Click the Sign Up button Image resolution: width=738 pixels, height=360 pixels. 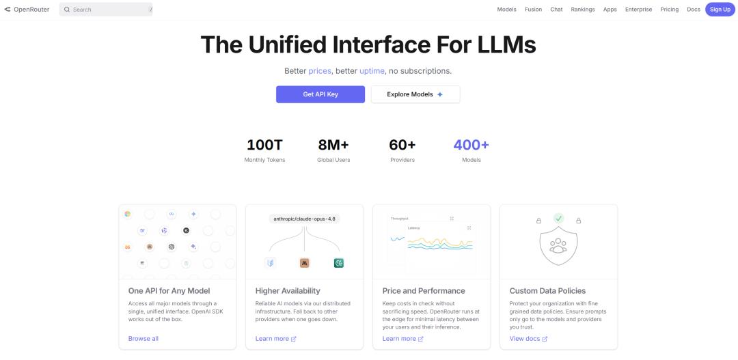click(720, 10)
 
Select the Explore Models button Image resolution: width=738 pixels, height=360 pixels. click(415, 94)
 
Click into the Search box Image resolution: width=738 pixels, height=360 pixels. click(106, 10)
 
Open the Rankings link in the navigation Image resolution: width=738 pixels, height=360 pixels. click(583, 10)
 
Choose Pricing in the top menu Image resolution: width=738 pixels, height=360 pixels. click(669, 10)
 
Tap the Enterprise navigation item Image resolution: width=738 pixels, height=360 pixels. click(638, 10)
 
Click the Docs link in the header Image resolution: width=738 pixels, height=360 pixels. click(694, 10)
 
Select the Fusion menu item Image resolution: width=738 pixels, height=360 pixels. click(533, 10)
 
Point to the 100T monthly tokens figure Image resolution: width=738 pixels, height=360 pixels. click(264, 145)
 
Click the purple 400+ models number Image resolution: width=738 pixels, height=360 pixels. click(471, 145)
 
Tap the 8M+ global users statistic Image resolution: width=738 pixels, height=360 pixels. click(333, 145)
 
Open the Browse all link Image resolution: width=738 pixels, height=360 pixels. click(143, 338)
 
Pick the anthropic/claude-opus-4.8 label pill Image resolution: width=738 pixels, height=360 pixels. click(305, 219)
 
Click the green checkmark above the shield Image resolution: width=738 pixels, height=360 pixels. click(558, 219)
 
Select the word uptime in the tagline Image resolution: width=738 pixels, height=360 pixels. click(372, 71)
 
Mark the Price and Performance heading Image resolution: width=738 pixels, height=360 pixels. click(424, 291)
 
